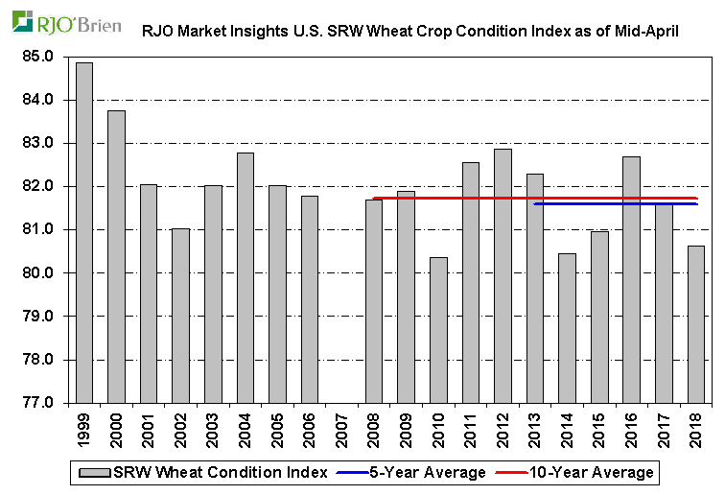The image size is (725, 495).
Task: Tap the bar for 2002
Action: (180, 316)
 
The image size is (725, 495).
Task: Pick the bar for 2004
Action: (246, 277)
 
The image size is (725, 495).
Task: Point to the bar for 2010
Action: (438, 330)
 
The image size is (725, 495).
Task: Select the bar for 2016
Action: (631, 279)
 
